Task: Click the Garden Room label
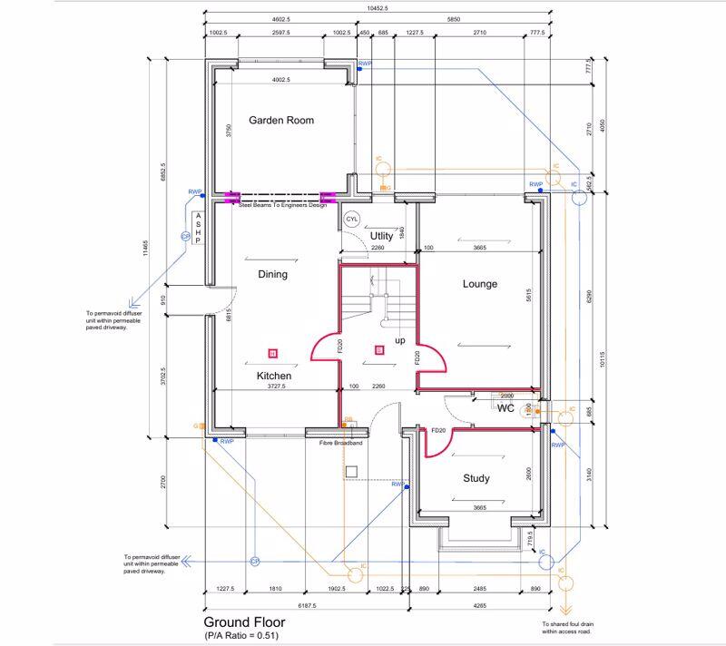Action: click(281, 120)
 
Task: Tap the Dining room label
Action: click(273, 274)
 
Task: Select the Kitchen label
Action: click(273, 375)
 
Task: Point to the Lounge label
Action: click(480, 284)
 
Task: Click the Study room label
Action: click(476, 478)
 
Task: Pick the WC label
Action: click(505, 408)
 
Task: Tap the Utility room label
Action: click(382, 236)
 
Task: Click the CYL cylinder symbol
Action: click(352, 219)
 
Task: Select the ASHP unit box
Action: click(196, 229)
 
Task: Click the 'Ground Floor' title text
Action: click(244, 622)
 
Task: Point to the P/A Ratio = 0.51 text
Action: click(241, 636)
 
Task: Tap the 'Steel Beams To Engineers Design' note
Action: click(281, 205)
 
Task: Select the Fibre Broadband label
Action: click(341, 444)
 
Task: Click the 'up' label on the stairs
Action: click(399, 340)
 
